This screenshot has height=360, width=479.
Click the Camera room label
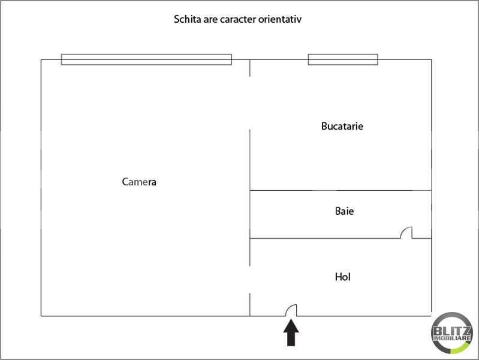coord(139,182)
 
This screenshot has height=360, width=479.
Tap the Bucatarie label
coord(342,126)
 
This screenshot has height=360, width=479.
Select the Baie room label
coord(344,211)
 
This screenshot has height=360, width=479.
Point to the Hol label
coord(342,277)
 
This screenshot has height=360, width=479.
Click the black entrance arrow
coord(291,332)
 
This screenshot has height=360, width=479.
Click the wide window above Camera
coord(146,59)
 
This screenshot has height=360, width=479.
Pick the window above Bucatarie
coord(343,59)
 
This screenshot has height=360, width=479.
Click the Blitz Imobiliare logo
coord(452,333)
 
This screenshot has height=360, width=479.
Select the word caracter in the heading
coord(238,19)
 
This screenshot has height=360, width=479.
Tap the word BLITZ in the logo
coord(452,331)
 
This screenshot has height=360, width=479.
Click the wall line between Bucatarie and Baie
coord(341,190)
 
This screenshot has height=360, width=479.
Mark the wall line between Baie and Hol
coord(325,238)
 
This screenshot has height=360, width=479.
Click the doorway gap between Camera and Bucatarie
coord(250,103)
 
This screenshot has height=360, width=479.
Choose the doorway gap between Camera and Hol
coord(250,280)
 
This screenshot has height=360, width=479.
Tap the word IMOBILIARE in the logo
coord(452,338)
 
